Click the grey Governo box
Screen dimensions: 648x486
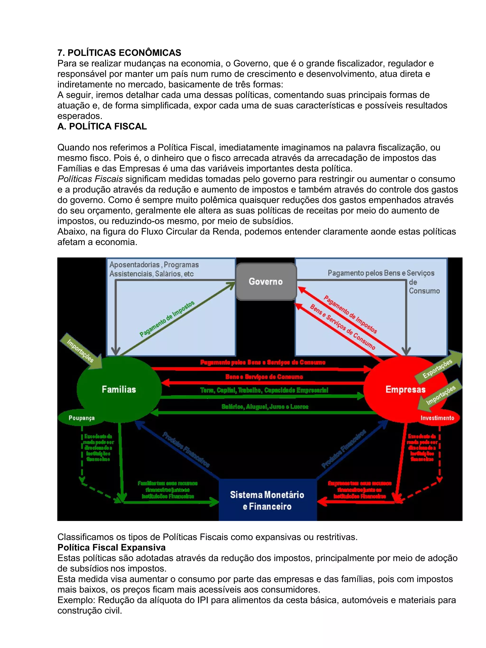click(266, 282)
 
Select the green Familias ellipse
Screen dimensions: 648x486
click(119, 389)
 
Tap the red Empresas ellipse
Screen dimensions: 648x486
click(405, 389)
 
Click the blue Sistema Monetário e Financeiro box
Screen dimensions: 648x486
click(267, 500)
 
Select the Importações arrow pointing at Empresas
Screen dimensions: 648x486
click(440, 396)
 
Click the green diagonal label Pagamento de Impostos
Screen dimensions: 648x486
click(167, 319)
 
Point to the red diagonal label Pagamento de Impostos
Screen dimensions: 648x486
click(350, 314)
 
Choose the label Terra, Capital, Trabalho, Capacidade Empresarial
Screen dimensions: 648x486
click(264, 390)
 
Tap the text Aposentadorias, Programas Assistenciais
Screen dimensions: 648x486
click(154, 269)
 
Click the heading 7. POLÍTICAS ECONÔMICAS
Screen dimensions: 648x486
click(119, 53)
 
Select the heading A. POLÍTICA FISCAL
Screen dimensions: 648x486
click(102, 126)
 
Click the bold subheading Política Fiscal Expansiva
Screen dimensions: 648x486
click(112, 547)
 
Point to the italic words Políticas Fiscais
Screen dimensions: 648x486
click(90, 179)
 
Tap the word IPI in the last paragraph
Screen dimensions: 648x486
click(202, 600)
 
